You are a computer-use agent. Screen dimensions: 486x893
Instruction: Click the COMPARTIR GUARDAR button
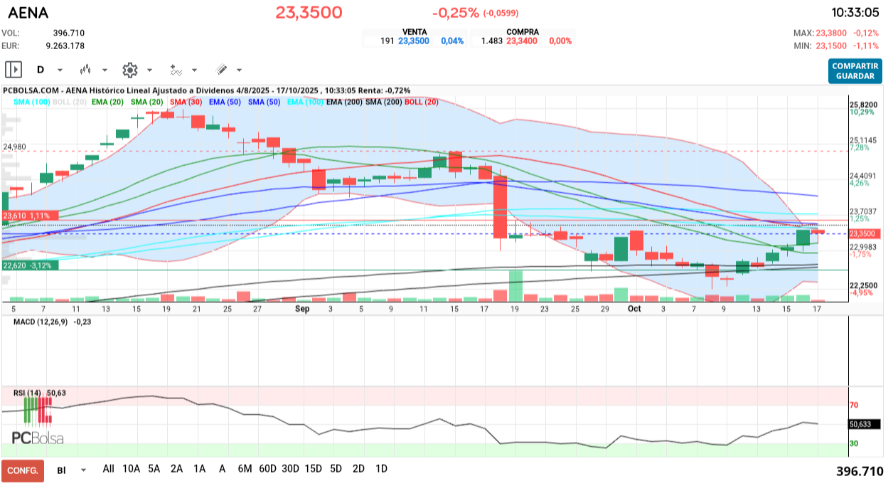click(855, 70)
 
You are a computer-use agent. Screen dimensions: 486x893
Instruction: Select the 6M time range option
click(245, 469)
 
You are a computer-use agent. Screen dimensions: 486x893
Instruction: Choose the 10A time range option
click(131, 469)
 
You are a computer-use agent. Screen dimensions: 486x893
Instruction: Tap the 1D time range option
click(381, 469)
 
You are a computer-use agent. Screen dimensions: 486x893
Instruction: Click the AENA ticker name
click(28, 12)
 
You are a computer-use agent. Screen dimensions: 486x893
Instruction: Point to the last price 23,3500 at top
click(309, 12)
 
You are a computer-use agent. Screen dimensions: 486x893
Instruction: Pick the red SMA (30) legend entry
click(187, 102)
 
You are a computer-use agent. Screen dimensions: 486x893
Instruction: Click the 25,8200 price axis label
click(864, 105)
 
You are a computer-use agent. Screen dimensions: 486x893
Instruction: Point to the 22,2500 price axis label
click(864, 285)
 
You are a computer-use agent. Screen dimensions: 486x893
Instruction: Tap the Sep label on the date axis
click(302, 310)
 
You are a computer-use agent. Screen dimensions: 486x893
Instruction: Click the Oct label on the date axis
click(634, 310)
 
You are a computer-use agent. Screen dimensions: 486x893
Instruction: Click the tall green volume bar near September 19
click(515, 286)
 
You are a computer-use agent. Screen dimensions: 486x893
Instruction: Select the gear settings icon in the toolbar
click(129, 70)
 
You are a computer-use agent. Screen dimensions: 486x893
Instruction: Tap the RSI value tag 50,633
click(863, 424)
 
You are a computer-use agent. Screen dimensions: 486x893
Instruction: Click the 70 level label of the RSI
click(853, 405)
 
